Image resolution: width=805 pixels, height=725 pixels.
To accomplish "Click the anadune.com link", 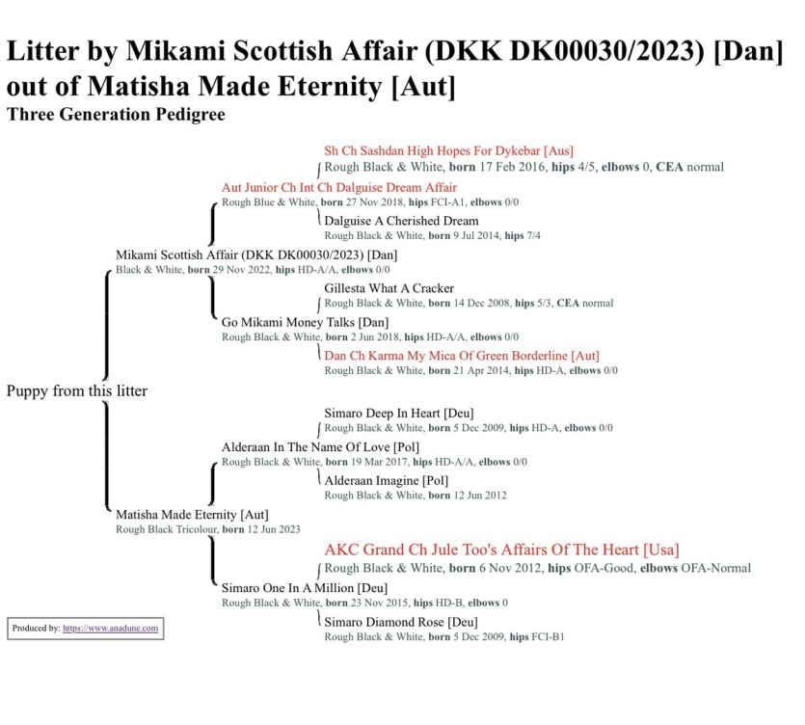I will tap(111, 629).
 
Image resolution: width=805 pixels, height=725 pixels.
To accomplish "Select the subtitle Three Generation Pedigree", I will tap(116, 115).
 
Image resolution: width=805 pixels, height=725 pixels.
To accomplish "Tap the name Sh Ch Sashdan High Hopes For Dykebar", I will tap(448, 151).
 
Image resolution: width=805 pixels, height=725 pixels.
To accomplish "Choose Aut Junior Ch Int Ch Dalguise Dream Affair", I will tap(339, 187).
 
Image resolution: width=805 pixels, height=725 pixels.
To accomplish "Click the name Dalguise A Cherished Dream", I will tap(401, 221).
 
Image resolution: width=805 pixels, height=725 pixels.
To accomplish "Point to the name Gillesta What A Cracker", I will tap(389, 288).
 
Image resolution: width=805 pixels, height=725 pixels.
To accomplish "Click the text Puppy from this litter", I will tap(77, 391).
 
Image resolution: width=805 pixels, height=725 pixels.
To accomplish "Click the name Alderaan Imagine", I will tap(386, 481).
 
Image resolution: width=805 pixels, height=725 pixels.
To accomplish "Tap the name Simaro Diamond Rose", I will tap(400, 622).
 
